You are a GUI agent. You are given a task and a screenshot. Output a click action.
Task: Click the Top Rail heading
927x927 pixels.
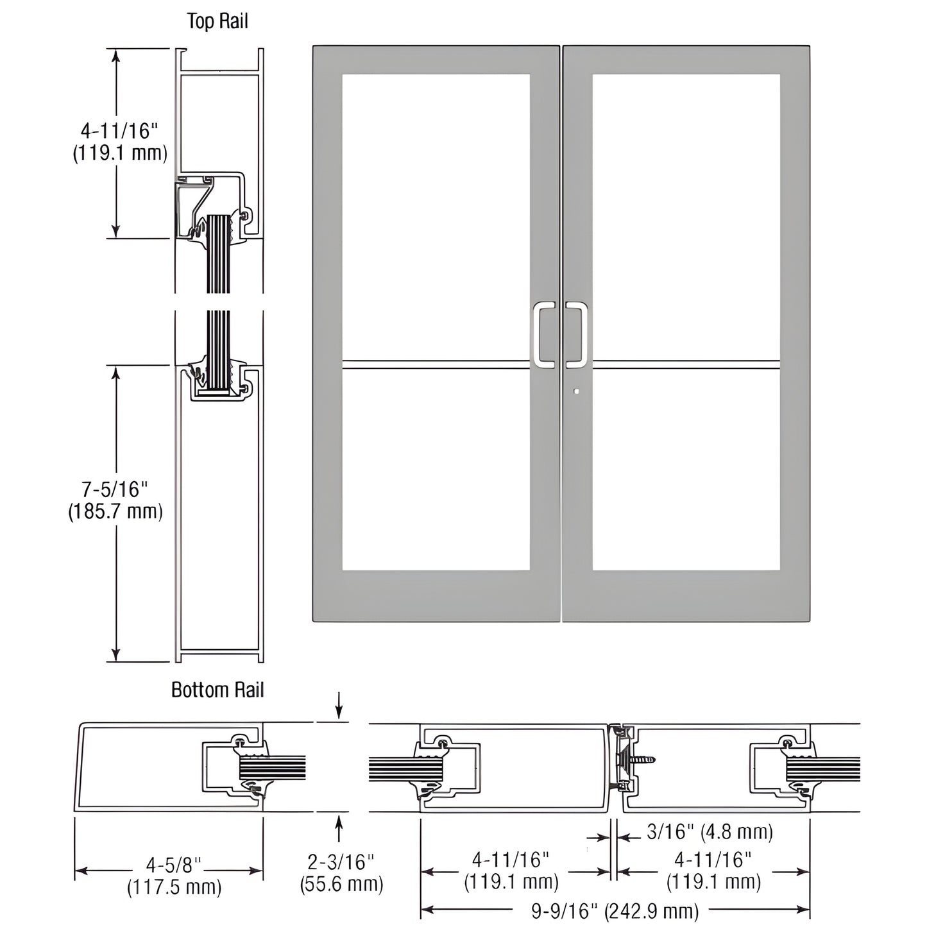217,21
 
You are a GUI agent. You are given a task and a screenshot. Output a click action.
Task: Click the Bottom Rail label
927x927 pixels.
217,690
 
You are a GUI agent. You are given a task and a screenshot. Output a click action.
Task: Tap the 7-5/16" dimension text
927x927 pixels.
115,489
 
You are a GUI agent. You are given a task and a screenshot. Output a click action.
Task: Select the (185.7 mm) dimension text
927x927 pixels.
115,511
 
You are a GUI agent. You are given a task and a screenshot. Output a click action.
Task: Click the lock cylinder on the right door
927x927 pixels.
577,391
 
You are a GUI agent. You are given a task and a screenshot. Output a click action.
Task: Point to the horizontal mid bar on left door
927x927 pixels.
436,364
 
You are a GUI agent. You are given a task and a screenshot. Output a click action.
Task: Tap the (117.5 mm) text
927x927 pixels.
174,887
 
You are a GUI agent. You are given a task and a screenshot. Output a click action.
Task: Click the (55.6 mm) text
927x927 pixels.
341,884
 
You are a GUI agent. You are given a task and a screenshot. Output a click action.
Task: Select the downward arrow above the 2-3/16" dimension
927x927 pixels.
339,711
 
